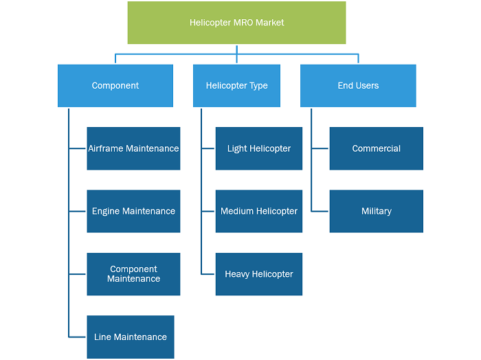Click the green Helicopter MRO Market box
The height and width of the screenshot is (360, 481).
[236, 23]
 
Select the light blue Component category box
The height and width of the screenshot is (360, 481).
[115, 86]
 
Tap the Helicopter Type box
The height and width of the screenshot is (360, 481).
[236, 86]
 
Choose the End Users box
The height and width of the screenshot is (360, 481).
[358, 86]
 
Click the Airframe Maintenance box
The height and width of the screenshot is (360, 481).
[133, 148]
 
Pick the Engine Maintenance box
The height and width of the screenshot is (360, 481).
[133, 212]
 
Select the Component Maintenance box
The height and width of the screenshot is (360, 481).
[133, 274]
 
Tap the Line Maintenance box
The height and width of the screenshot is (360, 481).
[131, 337]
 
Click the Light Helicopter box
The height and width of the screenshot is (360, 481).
[259, 148]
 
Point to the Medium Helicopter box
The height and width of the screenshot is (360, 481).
[259, 212]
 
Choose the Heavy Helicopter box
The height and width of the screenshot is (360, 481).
[259, 274]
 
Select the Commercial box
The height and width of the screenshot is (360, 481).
[376, 148]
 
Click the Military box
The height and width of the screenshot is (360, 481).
[376, 212]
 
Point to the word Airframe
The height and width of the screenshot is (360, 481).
[106, 148]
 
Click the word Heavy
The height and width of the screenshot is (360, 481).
[237, 274]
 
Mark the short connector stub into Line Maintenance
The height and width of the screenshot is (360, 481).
[77, 337]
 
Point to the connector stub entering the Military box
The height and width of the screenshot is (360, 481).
[320, 212]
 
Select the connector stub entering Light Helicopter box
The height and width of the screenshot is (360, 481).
[208, 148]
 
